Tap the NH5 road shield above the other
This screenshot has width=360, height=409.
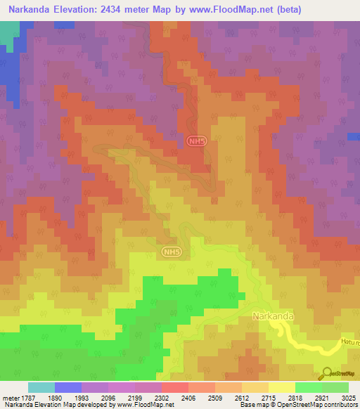pos(196,141)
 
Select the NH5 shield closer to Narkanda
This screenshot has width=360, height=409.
pos(171,251)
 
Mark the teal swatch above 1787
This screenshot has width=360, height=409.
pos(41,387)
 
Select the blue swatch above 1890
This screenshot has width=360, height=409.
pos(68,387)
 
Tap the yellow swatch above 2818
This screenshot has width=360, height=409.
pos(281,387)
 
